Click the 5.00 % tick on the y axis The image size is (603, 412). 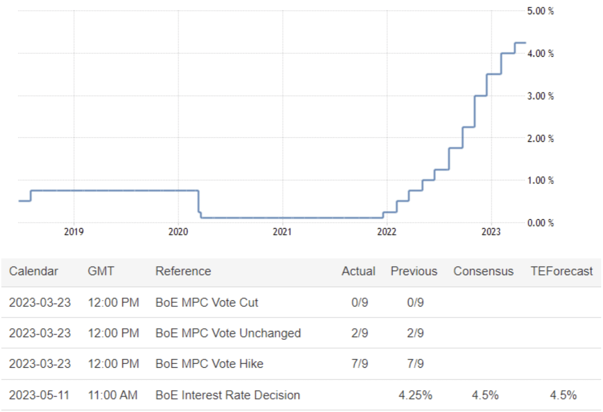[540, 11]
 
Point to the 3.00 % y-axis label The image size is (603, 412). [540, 96]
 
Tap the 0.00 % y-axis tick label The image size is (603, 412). [540, 223]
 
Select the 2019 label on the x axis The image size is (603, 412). [73, 232]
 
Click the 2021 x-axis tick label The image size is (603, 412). [282, 232]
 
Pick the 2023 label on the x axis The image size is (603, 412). [491, 232]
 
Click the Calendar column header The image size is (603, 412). [34, 271]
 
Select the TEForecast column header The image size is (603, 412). [561, 271]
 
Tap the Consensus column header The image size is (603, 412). [483, 271]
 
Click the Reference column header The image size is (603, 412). [183, 271]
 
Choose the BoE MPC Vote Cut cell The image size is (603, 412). [207, 303]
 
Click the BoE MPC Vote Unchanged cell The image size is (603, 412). [228, 333]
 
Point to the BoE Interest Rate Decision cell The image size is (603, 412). [228, 395]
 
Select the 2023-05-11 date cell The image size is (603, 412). [39, 395]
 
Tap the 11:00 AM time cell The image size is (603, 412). [113, 395]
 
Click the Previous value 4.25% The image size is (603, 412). [415, 395]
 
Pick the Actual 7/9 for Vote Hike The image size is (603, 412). [359, 364]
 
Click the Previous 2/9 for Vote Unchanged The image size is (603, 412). [415, 333]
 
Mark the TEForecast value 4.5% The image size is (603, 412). [563, 395]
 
